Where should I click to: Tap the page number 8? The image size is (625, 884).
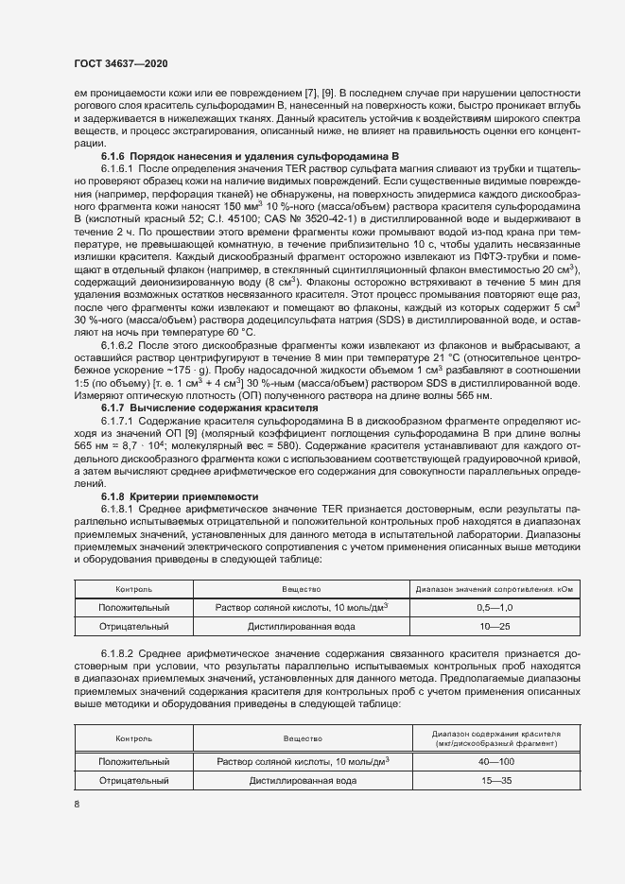point(77,804)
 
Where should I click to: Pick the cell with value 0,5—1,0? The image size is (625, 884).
point(495,607)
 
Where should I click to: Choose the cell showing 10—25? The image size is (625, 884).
point(495,626)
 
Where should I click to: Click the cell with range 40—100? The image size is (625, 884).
point(495,760)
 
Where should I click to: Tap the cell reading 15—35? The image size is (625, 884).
point(495,781)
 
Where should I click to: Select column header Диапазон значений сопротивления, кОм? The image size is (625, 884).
point(495,588)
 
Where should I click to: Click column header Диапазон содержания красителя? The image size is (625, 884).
point(495,737)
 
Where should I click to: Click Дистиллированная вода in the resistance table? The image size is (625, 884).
point(303,626)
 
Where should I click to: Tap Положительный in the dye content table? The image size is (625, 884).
point(134,760)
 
